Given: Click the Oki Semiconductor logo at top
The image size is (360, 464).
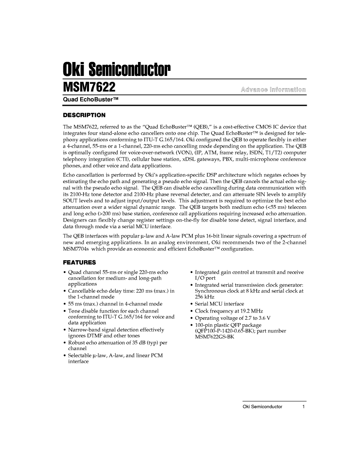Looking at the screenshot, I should pos(116,69).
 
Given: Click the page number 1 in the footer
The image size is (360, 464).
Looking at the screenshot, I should pos(303,407).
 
